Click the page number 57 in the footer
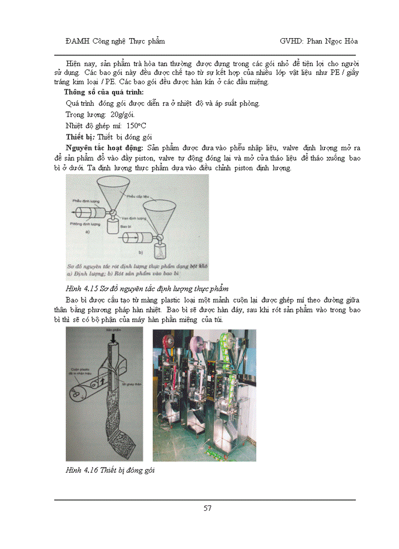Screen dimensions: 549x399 pyautogui.click(x=207, y=508)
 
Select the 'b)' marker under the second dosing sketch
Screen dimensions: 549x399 pyautogui.click(x=140, y=253)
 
